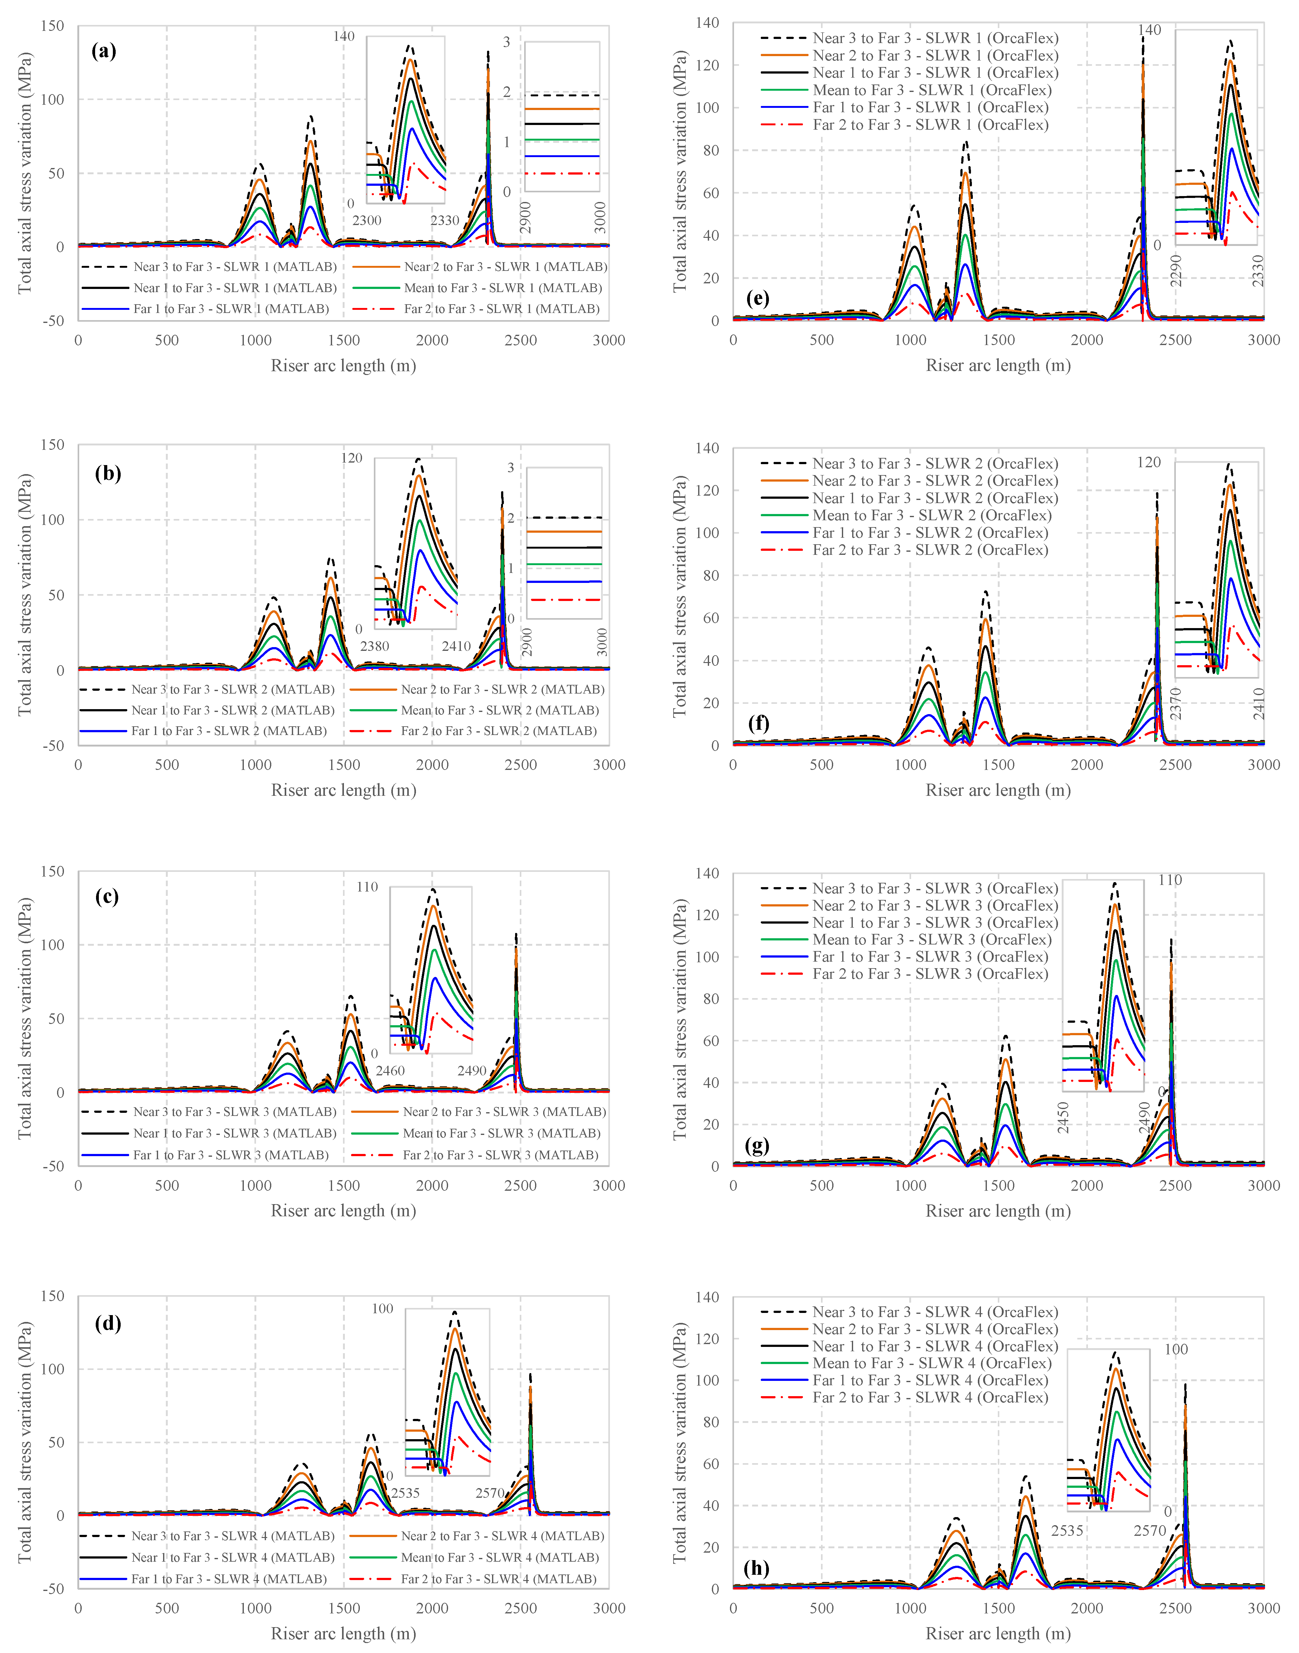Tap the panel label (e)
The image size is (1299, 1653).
pyautogui.click(x=758, y=298)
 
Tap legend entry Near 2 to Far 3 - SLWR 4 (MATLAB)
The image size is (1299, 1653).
pyautogui.click(x=502, y=1536)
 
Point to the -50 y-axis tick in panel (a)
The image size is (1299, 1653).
pyautogui.click(x=53, y=321)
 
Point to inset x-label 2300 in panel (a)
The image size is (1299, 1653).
pyautogui.click(x=367, y=220)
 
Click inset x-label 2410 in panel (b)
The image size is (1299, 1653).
pyautogui.click(x=456, y=646)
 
